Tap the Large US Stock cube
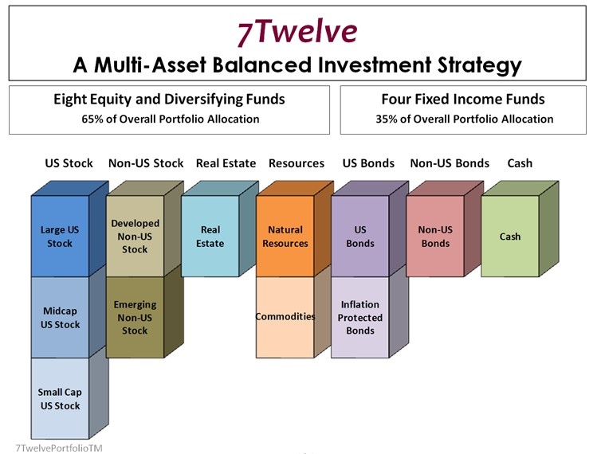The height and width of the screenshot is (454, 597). click(60, 237)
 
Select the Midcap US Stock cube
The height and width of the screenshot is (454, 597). click(60, 318)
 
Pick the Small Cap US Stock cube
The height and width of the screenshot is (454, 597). click(60, 398)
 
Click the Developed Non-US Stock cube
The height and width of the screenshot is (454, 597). click(135, 236)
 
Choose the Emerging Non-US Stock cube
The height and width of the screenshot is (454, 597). click(135, 317)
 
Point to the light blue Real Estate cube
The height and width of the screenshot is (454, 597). click(210, 237)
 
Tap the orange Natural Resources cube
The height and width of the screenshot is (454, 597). click(285, 237)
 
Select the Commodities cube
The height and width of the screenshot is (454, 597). click(285, 316)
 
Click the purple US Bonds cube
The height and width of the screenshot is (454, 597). click(359, 237)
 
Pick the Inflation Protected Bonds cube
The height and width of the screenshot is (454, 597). click(359, 317)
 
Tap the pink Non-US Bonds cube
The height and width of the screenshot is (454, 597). click(434, 237)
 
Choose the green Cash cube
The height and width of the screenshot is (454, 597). click(510, 236)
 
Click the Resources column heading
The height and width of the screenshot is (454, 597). click(297, 163)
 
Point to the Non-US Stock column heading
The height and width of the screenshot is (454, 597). click(146, 163)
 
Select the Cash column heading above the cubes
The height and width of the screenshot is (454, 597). click(520, 163)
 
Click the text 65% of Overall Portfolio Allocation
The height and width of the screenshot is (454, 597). click(170, 119)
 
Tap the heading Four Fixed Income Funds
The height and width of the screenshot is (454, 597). click(464, 100)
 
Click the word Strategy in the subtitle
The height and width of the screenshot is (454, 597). click(471, 64)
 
